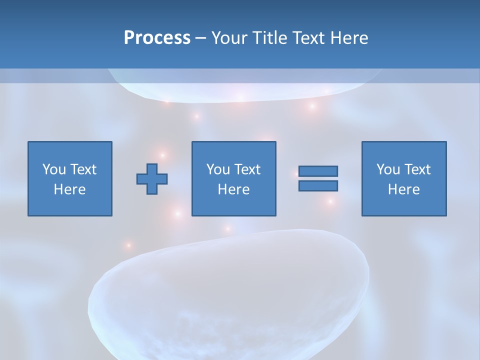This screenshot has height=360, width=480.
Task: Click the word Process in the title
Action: (x=157, y=38)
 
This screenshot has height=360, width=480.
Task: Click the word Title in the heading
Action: (x=269, y=38)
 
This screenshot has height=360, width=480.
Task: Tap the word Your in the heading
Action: (x=230, y=38)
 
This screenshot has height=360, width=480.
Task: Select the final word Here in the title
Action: (x=349, y=38)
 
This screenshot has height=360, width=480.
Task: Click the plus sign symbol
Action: (x=152, y=178)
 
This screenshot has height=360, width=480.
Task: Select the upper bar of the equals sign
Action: (x=318, y=171)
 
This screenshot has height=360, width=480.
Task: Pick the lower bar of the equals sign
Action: (x=318, y=185)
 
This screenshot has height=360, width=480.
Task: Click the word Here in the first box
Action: (x=69, y=189)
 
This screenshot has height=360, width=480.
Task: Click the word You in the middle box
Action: (x=218, y=169)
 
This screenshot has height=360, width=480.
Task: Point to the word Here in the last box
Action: (x=403, y=189)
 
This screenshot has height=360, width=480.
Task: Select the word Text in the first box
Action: (x=83, y=169)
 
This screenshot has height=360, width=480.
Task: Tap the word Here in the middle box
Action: (x=233, y=189)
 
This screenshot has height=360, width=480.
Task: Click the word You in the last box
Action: (x=388, y=169)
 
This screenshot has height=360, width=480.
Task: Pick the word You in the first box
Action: (x=54, y=169)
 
